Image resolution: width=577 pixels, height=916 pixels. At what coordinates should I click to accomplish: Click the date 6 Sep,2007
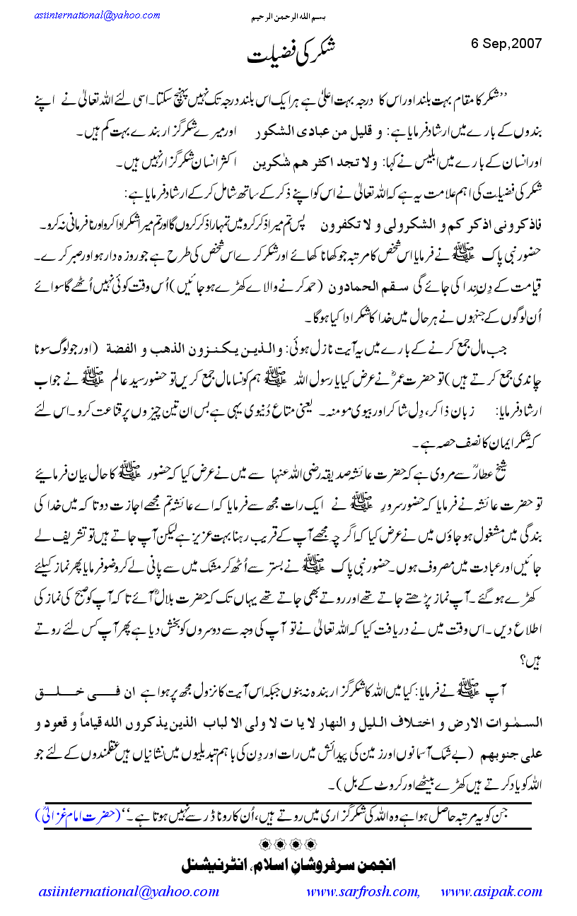(x=506, y=42)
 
